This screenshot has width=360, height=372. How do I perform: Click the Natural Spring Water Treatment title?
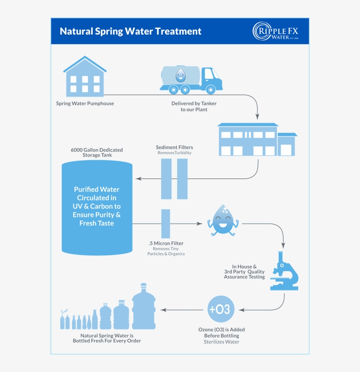click(130, 32)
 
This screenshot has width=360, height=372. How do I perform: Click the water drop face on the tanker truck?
click(180, 75)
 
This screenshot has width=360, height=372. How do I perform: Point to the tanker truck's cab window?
click(209, 74)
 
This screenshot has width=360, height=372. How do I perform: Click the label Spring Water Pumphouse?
click(85, 104)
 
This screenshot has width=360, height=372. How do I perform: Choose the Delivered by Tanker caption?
click(194, 106)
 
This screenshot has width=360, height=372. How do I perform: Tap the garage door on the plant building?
click(286, 150)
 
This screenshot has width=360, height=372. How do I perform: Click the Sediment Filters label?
click(174, 147)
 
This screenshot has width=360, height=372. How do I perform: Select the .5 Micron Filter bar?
click(166, 223)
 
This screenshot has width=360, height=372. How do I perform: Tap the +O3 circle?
click(220, 309)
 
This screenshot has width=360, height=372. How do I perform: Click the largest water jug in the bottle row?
click(144, 308)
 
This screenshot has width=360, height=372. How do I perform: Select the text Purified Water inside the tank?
click(97, 190)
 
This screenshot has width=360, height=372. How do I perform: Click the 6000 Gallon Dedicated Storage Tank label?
click(97, 152)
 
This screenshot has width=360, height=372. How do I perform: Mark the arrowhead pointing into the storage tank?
click(138, 179)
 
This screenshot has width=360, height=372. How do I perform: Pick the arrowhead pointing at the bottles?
click(163, 310)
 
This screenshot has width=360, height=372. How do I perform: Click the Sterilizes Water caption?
click(221, 342)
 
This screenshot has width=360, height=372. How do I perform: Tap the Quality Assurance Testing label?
click(245, 272)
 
